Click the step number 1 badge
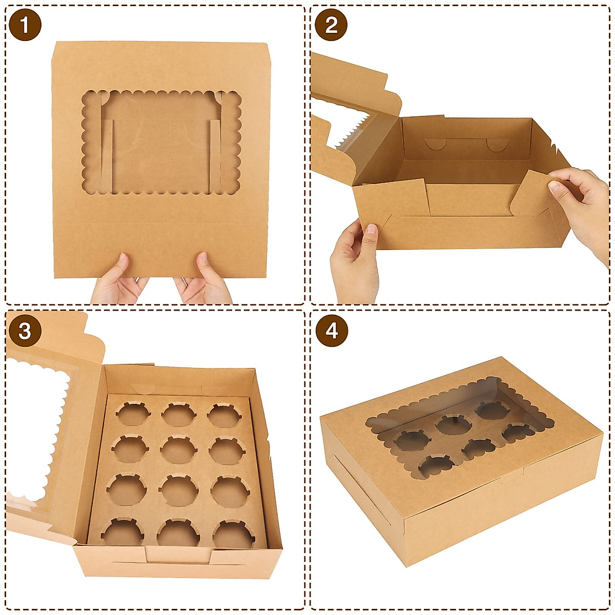click(25, 25)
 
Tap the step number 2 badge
click(332, 25)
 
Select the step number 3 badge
click(25, 331)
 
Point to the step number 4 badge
click(332, 331)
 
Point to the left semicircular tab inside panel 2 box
click(435, 143)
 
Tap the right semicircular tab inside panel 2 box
click(495, 146)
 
